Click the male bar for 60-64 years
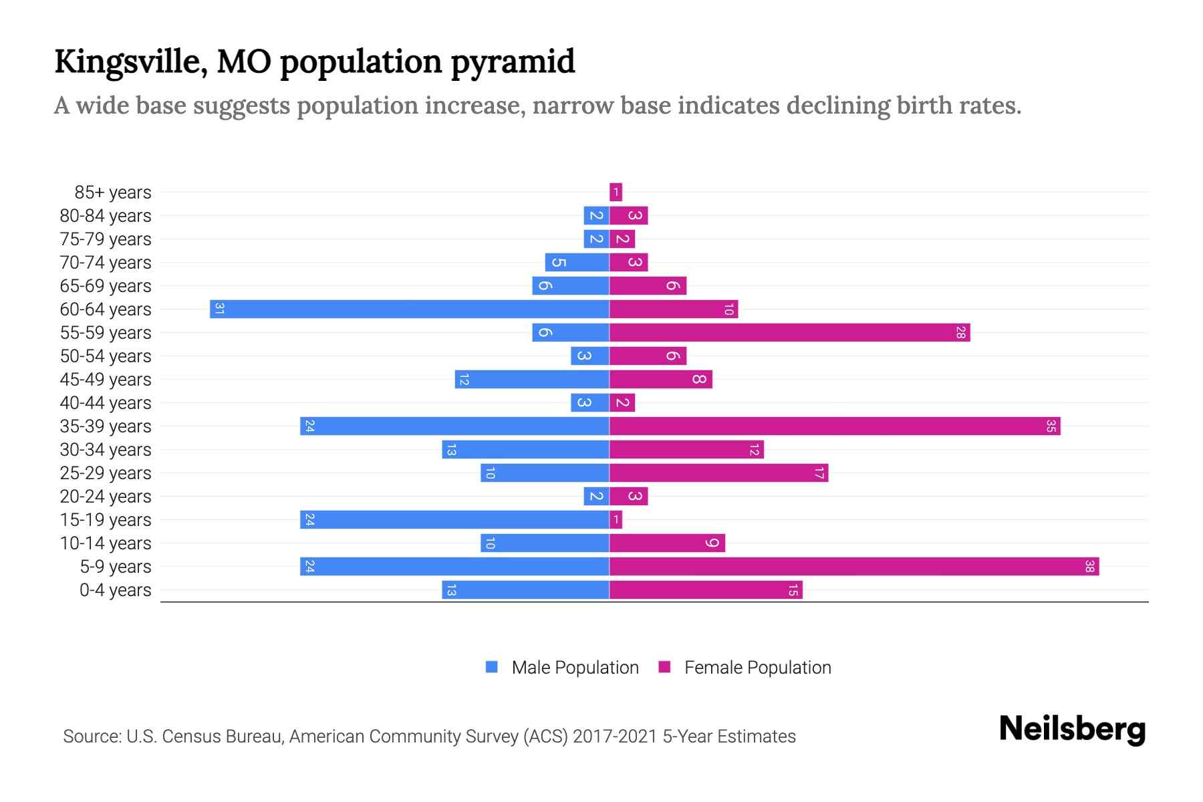(409, 309)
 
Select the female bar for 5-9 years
(854, 566)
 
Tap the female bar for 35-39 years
(835, 426)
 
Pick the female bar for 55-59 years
(789, 332)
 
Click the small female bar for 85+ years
(616, 192)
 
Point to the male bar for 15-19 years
(454, 519)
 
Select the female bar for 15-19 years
(616, 519)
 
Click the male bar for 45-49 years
(532, 379)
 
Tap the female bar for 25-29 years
(718, 473)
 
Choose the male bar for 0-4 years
(525, 589)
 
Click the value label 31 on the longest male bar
(219, 309)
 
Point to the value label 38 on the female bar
(1089, 566)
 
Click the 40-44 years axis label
(106, 403)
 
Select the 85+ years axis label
(113, 192)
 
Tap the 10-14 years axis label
(106, 543)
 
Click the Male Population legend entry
(575, 667)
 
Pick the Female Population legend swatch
(664, 666)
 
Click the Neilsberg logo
(1072, 728)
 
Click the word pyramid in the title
(513, 62)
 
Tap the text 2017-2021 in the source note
(615, 737)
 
